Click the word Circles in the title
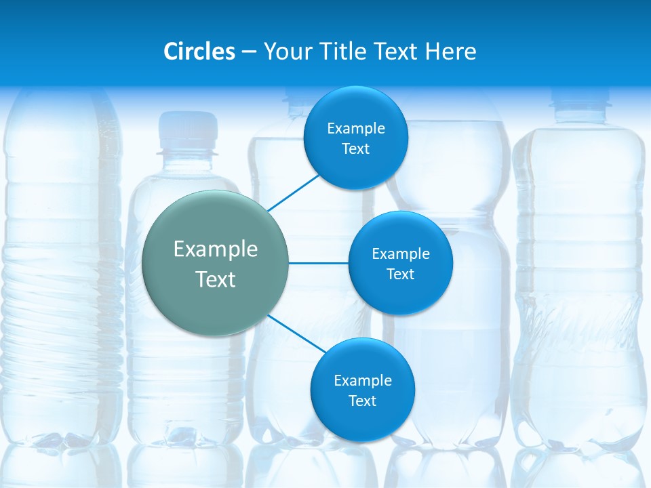199,52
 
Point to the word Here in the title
450,52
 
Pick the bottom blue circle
362,420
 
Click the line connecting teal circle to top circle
293,192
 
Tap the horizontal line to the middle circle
318,263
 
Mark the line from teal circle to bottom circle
295,333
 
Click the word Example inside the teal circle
216,249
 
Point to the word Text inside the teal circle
216,279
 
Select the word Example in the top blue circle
355,129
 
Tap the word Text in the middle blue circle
400,274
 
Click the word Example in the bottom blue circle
362,381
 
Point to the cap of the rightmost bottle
580,102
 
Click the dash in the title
249,52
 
